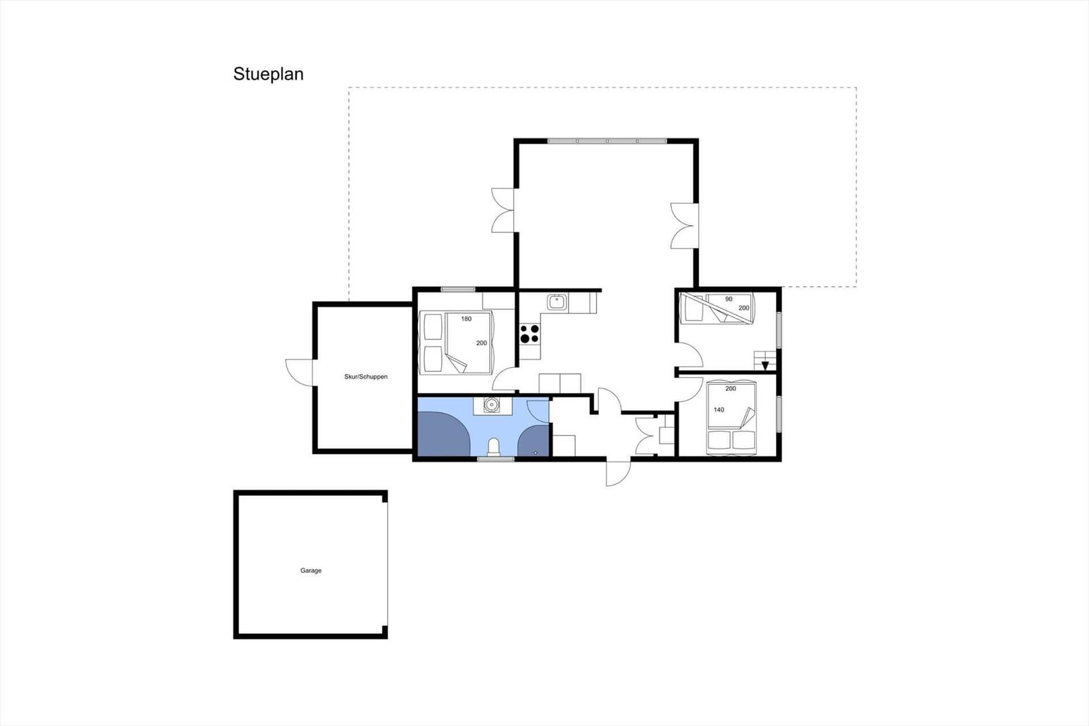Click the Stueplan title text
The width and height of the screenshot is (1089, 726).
(268, 74)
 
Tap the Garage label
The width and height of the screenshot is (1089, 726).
(310, 570)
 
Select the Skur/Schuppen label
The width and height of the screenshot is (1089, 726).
(365, 377)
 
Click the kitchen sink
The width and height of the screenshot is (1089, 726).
(557, 302)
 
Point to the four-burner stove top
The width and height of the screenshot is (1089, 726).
(530, 334)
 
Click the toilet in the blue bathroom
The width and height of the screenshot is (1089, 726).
(493, 447)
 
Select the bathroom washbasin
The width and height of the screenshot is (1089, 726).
(493, 405)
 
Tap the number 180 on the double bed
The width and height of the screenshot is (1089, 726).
(466, 319)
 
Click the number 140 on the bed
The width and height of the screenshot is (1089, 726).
(719, 410)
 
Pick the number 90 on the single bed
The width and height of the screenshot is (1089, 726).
(729, 299)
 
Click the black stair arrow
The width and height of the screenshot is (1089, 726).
(765, 366)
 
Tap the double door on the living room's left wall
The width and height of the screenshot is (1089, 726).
(502, 210)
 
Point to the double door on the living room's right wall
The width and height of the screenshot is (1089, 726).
(685, 226)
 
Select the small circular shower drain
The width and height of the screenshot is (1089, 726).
(535, 452)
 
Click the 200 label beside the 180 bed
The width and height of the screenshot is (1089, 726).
(481, 343)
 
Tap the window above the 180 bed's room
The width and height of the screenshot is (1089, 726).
(458, 289)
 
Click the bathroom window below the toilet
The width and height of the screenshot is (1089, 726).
(496, 459)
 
